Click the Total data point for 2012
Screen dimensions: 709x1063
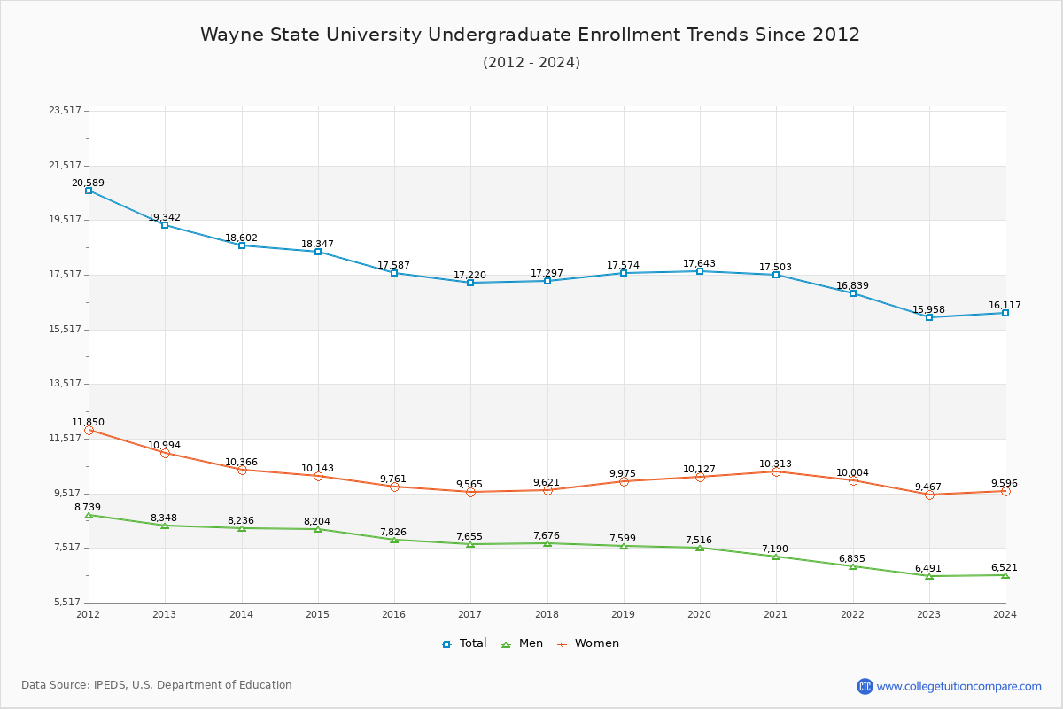click(89, 191)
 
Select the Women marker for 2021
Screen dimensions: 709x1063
click(776, 471)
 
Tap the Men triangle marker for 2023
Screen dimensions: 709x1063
click(929, 576)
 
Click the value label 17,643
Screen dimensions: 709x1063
click(699, 264)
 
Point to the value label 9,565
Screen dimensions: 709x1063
click(469, 485)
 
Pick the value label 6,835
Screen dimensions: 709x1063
click(852, 560)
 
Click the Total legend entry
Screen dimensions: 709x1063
click(465, 643)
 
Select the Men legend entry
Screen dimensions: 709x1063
click(524, 643)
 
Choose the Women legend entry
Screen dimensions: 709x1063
click(588, 643)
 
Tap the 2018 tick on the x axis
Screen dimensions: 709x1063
click(547, 614)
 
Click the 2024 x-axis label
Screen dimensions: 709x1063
click(1005, 614)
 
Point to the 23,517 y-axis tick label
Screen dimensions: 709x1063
click(65, 111)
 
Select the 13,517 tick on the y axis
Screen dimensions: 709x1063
click(65, 384)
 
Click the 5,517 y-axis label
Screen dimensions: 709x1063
click(65, 603)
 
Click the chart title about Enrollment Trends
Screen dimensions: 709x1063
click(530, 35)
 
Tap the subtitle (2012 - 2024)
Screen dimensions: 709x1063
click(531, 63)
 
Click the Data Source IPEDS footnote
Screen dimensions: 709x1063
click(157, 685)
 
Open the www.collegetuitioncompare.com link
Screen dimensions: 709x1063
click(958, 686)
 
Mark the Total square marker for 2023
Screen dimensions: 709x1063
click(929, 317)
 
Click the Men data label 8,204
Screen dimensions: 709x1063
click(316, 522)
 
